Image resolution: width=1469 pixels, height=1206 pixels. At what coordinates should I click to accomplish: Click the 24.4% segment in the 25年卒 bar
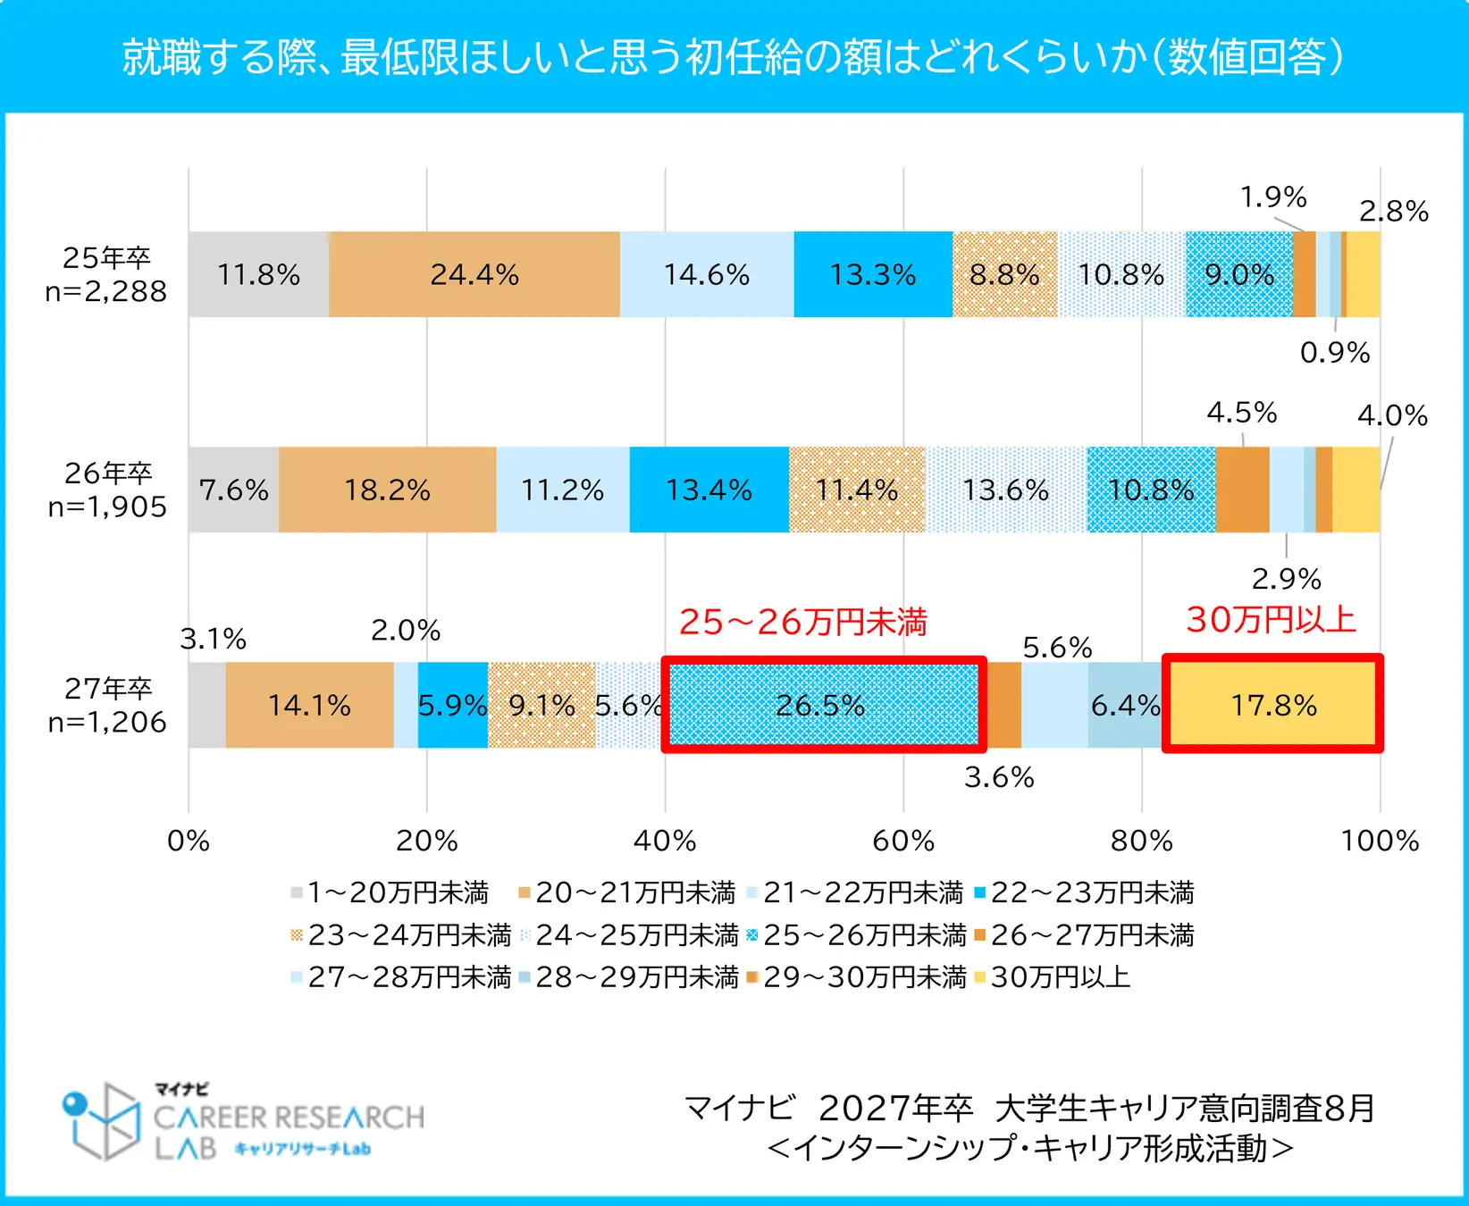[474, 274]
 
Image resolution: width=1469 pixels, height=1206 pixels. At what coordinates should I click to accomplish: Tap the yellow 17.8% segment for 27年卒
[1272, 705]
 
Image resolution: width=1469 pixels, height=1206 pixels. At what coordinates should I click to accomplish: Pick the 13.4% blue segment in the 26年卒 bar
[709, 490]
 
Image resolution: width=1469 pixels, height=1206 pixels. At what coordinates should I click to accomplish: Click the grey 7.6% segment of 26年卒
[233, 490]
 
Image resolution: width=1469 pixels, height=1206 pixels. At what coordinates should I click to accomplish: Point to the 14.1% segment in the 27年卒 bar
[309, 705]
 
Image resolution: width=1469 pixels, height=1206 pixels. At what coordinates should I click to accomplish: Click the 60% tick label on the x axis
[903, 841]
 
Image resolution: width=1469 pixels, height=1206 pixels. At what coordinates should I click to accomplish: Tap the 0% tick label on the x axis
[189, 841]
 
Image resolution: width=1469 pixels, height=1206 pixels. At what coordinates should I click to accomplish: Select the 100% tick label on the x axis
[1380, 841]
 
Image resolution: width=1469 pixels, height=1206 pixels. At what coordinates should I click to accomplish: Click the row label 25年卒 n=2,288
[106, 274]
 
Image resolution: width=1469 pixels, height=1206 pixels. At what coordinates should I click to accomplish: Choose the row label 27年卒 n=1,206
[107, 705]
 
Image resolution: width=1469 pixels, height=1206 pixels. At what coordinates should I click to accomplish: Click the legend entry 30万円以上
[1060, 977]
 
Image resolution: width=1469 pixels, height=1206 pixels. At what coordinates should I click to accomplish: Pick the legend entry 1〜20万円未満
[398, 892]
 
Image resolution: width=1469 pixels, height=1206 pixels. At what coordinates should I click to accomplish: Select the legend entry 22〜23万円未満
[1092, 892]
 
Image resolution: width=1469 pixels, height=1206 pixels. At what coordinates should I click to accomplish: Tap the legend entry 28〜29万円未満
[636, 977]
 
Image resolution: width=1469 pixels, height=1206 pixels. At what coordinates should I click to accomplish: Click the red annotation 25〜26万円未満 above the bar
[803, 622]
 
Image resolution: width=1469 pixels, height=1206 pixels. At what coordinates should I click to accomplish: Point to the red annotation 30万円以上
[1271, 619]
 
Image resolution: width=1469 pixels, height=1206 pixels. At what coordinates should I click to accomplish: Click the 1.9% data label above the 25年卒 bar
[1272, 197]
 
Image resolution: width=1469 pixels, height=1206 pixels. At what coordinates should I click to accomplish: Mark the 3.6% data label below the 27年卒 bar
[999, 777]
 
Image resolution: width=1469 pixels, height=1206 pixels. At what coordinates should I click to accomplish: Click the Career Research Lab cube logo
[104, 1120]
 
